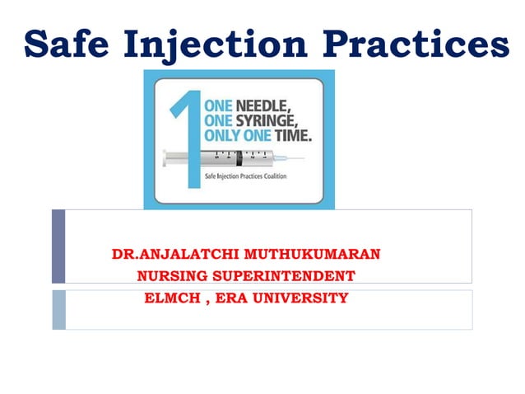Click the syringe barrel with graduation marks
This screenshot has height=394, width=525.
pyautogui.click(x=239, y=157)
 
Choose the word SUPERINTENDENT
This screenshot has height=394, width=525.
pyautogui.click(x=285, y=275)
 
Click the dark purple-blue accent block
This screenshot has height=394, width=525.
pyautogui.click(x=58, y=246)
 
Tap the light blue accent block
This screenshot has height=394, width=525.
pyautogui.click(x=58, y=309)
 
